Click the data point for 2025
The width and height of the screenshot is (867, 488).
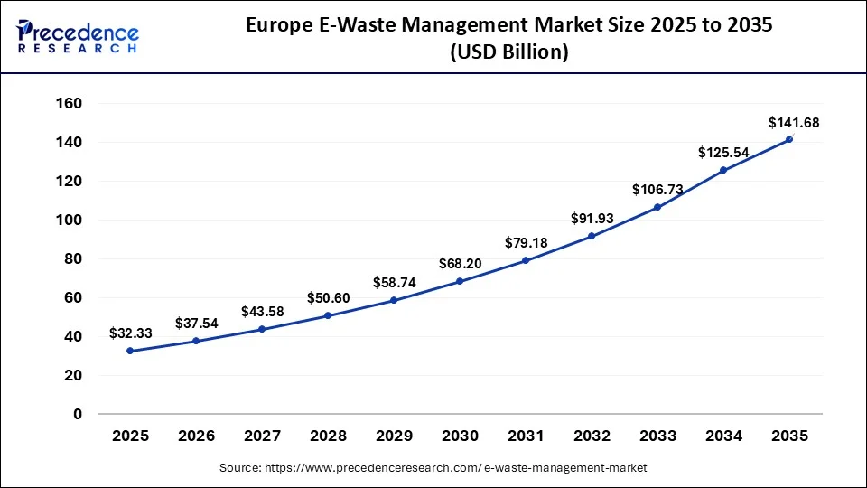pyautogui.click(x=130, y=351)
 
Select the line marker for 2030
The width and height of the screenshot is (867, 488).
pyautogui.click(x=460, y=281)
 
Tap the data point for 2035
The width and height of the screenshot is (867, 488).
pyautogui.click(x=789, y=139)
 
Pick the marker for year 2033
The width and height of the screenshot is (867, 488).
pyautogui.click(x=657, y=207)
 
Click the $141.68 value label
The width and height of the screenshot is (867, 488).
pyautogui.click(x=793, y=122)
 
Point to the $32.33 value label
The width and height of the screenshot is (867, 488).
pyautogui.click(x=130, y=333)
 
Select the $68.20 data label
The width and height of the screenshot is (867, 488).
pyautogui.click(x=460, y=264)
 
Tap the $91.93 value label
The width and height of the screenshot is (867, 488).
pyautogui.click(x=592, y=218)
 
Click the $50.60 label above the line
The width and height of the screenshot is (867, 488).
pyautogui.click(x=328, y=298)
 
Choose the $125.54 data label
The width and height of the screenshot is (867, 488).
pyautogui.click(x=723, y=153)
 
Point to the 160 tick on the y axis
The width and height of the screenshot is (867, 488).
pyautogui.click(x=70, y=104)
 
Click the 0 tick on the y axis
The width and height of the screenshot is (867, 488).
pyautogui.click(x=78, y=414)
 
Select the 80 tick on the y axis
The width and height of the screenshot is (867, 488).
pyautogui.click(x=73, y=259)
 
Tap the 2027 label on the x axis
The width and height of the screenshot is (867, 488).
pyautogui.click(x=262, y=436)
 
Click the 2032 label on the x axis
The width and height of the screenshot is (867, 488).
pyautogui.click(x=592, y=436)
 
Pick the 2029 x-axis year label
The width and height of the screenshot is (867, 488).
pyautogui.click(x=394, y=436)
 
